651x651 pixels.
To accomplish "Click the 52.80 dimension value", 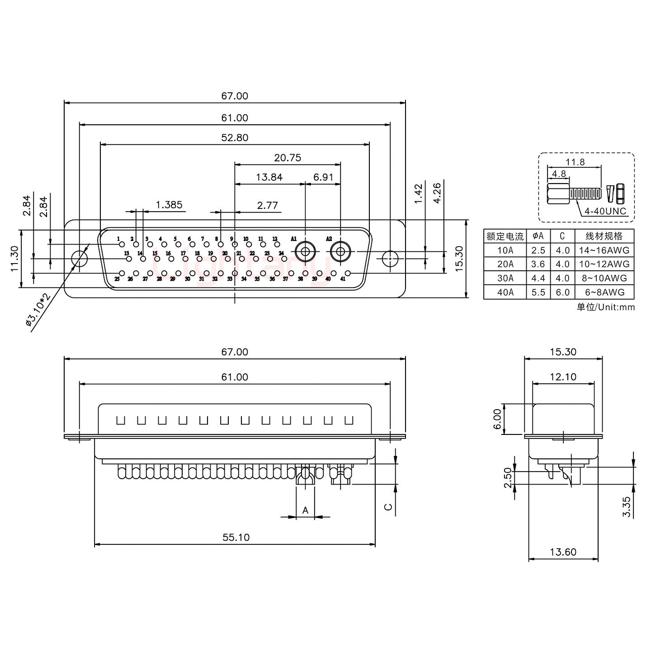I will (235, 138).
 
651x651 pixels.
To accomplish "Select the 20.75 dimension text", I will (287, 158).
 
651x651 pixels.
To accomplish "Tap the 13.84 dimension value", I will (269, 177).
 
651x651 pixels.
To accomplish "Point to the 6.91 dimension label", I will (323, 177).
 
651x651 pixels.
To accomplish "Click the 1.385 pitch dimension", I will (169, 205).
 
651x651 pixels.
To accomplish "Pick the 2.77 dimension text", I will (267, 206).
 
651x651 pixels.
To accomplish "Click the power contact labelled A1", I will (305, 251).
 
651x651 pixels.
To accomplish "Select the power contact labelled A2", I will (340, 251).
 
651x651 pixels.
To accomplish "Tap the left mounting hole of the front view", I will (80, 259).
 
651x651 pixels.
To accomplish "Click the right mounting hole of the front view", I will (390, 259).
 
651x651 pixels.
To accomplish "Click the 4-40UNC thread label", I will (605, 211).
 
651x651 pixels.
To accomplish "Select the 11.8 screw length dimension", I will (575, 162).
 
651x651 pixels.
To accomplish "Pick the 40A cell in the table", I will (505, 292).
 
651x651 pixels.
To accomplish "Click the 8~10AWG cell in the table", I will (604, 278).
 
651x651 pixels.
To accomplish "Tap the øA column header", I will (538, 236).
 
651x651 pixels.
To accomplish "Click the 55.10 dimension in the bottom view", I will (236, 537).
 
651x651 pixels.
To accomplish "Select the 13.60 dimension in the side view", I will (563, 552).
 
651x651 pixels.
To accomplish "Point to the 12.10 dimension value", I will (563, 377).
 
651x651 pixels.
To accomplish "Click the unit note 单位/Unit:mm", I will (605, 307).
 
